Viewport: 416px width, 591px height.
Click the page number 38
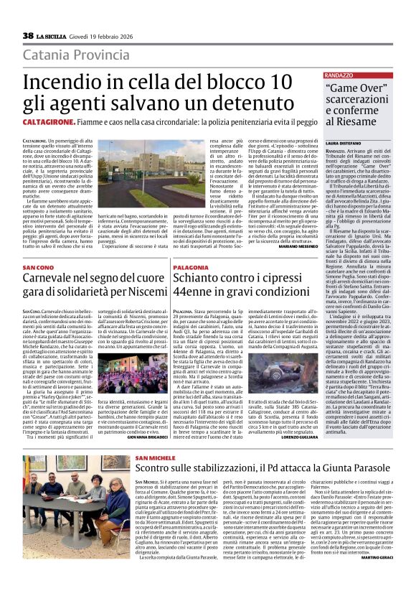click(28, 35)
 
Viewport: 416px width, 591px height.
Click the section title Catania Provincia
click(86, 55)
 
